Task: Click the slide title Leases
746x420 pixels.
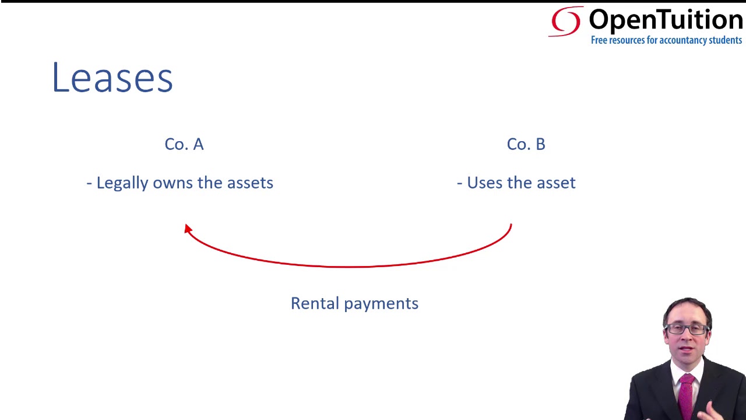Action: coord(112,78)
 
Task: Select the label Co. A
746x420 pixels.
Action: coord(184,144)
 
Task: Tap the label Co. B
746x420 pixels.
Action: coord(526,144)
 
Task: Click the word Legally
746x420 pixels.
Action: coord(122,183)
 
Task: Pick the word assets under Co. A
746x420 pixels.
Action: coord(250,183)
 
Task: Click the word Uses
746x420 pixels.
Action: coord(484,183)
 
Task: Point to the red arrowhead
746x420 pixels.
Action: coord(188,229)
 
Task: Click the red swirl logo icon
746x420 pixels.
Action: coord(565,22)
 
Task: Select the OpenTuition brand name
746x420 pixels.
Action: coord(666,20)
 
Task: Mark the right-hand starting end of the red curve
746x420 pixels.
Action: coord(511,225)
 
